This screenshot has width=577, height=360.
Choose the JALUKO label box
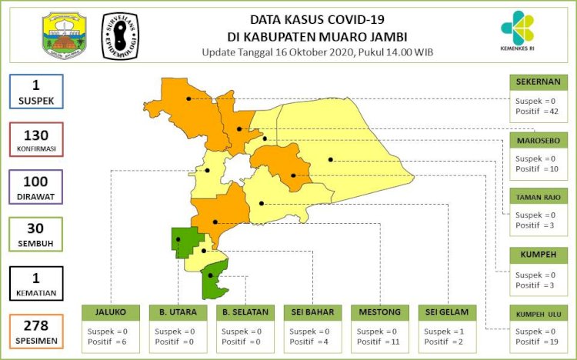click(111, 312)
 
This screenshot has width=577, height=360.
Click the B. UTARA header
click(178, 312)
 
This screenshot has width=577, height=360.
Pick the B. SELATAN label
click(245, 312)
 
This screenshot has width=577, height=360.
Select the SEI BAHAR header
click(312, 312)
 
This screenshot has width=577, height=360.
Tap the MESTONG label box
click(379, 312)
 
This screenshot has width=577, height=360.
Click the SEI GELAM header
click(447, 312)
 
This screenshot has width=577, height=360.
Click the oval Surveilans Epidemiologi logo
click(122, 36)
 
